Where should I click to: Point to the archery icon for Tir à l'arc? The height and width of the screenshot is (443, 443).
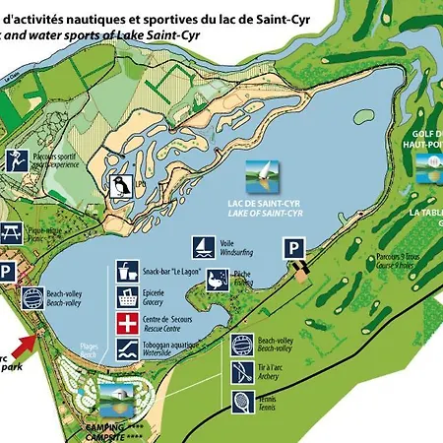(242, 372)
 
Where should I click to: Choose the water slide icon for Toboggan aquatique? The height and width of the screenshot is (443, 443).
(126, 349)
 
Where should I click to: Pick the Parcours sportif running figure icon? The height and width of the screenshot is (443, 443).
(17, 159)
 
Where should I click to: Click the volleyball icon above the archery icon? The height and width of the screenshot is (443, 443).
(242, 346)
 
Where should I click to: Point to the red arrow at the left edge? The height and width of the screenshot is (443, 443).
(30, 345)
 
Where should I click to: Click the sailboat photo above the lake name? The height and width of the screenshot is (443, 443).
(256, 175)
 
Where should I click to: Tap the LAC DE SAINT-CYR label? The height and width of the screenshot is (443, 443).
(255, 204)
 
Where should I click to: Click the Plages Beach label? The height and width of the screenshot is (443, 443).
(91, 351)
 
